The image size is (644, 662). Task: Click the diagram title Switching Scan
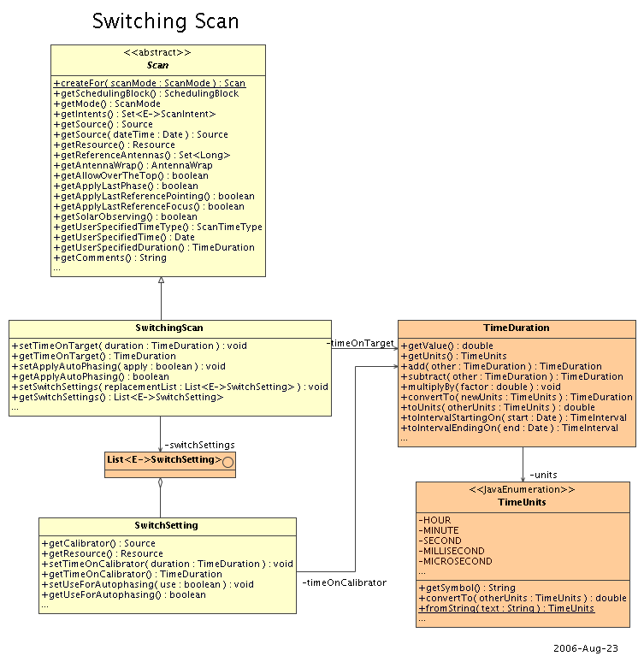(165, 21)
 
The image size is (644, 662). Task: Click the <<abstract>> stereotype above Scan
(157, 53)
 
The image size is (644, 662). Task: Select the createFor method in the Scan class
(149, 83)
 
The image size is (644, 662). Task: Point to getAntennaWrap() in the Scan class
(133, 165)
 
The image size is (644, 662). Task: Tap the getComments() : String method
(109, 257)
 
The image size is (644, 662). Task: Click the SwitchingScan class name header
(169, 328)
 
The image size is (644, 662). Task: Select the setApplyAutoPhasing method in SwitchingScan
(118, 366)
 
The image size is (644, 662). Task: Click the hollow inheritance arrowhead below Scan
(161, 281)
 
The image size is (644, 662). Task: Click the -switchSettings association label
(199, 445)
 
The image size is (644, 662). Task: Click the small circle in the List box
(227, 462)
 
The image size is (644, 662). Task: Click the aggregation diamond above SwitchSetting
(160, 483)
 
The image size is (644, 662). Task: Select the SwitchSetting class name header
(167, 525)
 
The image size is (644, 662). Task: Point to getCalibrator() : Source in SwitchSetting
(98, 543)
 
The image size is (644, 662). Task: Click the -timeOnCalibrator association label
(344, 582)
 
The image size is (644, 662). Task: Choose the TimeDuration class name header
(516, 328)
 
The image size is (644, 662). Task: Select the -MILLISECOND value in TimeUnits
(452, 551)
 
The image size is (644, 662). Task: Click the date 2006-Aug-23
(585, 648)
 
